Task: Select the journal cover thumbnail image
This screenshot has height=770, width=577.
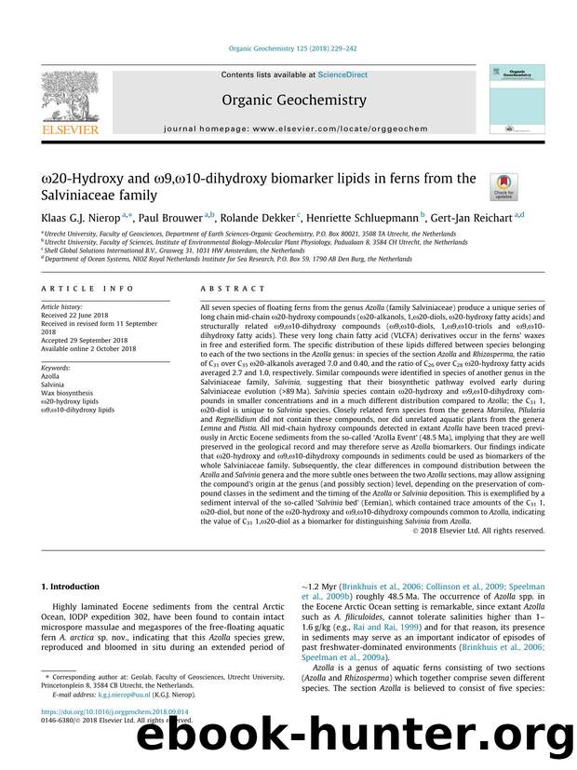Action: (513, 101)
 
